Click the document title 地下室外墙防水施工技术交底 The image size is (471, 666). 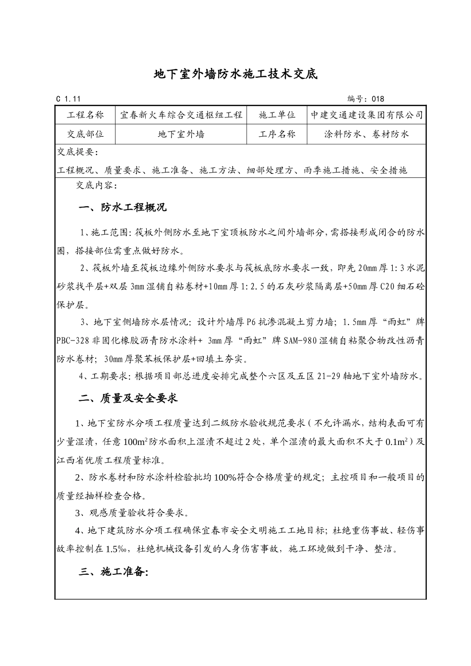tap(235, 75)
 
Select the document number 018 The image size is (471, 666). tap(378, 99)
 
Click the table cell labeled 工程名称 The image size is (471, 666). tap(85, 115)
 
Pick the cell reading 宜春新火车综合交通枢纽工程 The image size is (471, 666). tap(181, 115)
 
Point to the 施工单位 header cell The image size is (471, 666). tap(277, 115)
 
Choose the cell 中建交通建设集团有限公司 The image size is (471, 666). tap(367, 115)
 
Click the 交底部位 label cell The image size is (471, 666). tap(85, 134)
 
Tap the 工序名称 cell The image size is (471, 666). tap(277, 134)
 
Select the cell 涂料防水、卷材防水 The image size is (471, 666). tap(367, 134)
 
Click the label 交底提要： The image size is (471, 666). tap(78, 152)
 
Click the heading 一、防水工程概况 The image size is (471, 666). tap(122, 208)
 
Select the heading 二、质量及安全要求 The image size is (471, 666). tap(128, 398)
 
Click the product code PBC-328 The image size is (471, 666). tap(73, 340)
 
